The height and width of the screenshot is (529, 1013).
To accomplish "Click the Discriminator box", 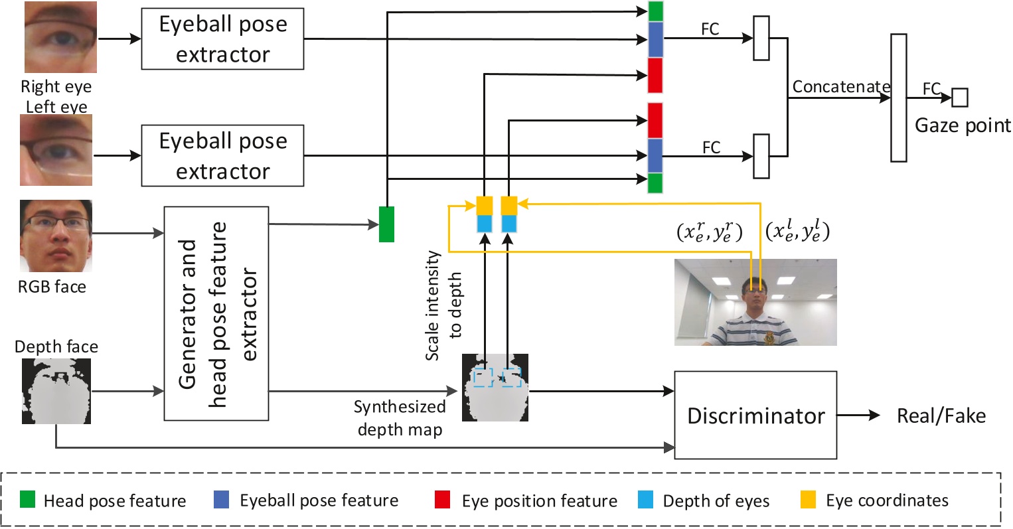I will point(755,415).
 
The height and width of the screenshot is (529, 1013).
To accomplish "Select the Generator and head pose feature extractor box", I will point(216,313).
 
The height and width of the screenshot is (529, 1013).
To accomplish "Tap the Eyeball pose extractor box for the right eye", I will point(222,39).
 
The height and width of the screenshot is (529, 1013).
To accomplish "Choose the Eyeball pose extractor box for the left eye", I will point(222,156).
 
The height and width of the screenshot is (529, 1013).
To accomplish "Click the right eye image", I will point(60,37).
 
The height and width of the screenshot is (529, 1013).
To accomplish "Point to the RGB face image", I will point(56,236).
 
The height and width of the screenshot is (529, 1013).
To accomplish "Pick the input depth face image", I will point(56,391).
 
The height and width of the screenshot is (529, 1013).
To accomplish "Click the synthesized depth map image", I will point(495,388).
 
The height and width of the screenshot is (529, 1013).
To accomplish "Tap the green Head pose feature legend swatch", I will point(27,500).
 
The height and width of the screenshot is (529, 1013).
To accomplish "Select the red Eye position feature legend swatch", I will point(443,500).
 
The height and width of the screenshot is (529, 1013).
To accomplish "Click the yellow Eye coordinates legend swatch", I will point(808,500).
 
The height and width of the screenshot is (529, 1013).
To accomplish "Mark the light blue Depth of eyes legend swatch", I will point(645,500).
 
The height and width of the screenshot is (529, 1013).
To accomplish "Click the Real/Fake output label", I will point(941,416).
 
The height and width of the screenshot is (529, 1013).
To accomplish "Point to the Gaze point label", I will point(963,125).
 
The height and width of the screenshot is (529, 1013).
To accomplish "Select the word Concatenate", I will point(841,87).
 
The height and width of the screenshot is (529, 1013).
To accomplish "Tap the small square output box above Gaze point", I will point(960,98).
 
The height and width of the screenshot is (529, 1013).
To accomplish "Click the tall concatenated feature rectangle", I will point(899,98).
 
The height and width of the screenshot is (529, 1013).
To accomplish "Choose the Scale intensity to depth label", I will point(443,305).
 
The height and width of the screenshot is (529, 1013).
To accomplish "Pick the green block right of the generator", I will point(386,224).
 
